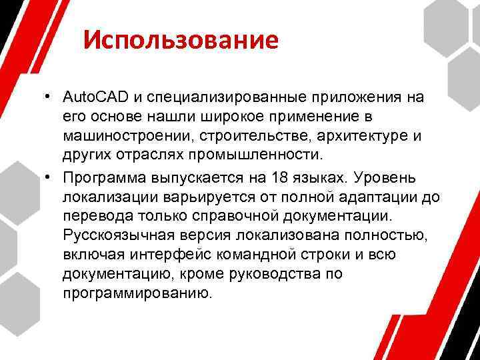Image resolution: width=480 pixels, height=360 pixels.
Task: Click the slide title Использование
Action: pos(181,41)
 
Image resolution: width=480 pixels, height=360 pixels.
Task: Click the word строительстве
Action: pos(232,136)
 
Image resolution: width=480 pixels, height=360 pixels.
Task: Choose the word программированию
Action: pos(137,293)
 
